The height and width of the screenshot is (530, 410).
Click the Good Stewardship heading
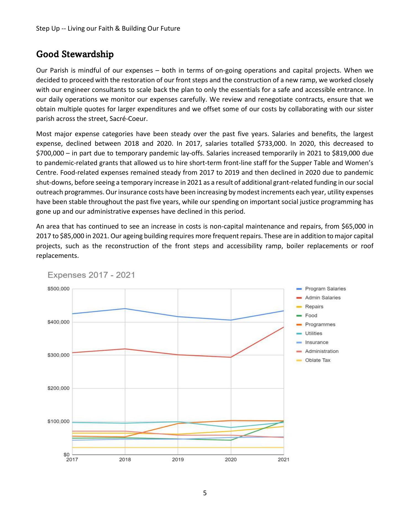tap(75, 54)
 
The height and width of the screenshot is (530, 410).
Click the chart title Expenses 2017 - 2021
tap(91, 275)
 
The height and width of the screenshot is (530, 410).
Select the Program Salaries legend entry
tap(325, 289)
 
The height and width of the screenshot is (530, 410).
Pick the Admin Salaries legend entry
tap(322, 298)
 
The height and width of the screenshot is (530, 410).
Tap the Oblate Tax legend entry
tap(317, 360)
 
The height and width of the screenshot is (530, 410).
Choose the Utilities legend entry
tap(313, 333)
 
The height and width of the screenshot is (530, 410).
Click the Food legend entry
tap(311, 316)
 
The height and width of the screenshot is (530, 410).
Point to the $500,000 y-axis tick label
tap(59, 289)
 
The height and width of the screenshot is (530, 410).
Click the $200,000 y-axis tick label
tap(59, 388)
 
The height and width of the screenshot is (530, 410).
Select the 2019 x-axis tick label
tap(178, 460)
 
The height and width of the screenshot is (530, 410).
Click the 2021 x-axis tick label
tap(283, 460)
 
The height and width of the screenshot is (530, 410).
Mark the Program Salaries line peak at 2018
tap(125, 309)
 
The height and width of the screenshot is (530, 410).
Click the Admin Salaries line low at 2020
tap(231, 357)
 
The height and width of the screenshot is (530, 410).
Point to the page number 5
tap(205, 493)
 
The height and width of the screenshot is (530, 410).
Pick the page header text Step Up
tap(48, 28)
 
